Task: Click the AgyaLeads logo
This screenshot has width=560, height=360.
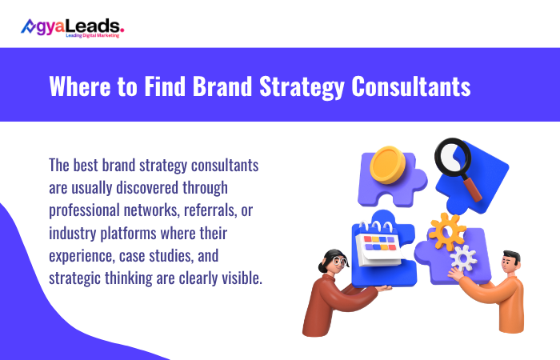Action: (x=72, y=27)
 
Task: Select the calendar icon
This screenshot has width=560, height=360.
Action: (x=382, y=246)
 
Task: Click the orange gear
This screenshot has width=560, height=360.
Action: (x=446, y=232)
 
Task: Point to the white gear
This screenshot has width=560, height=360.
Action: (x=463, y=258)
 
